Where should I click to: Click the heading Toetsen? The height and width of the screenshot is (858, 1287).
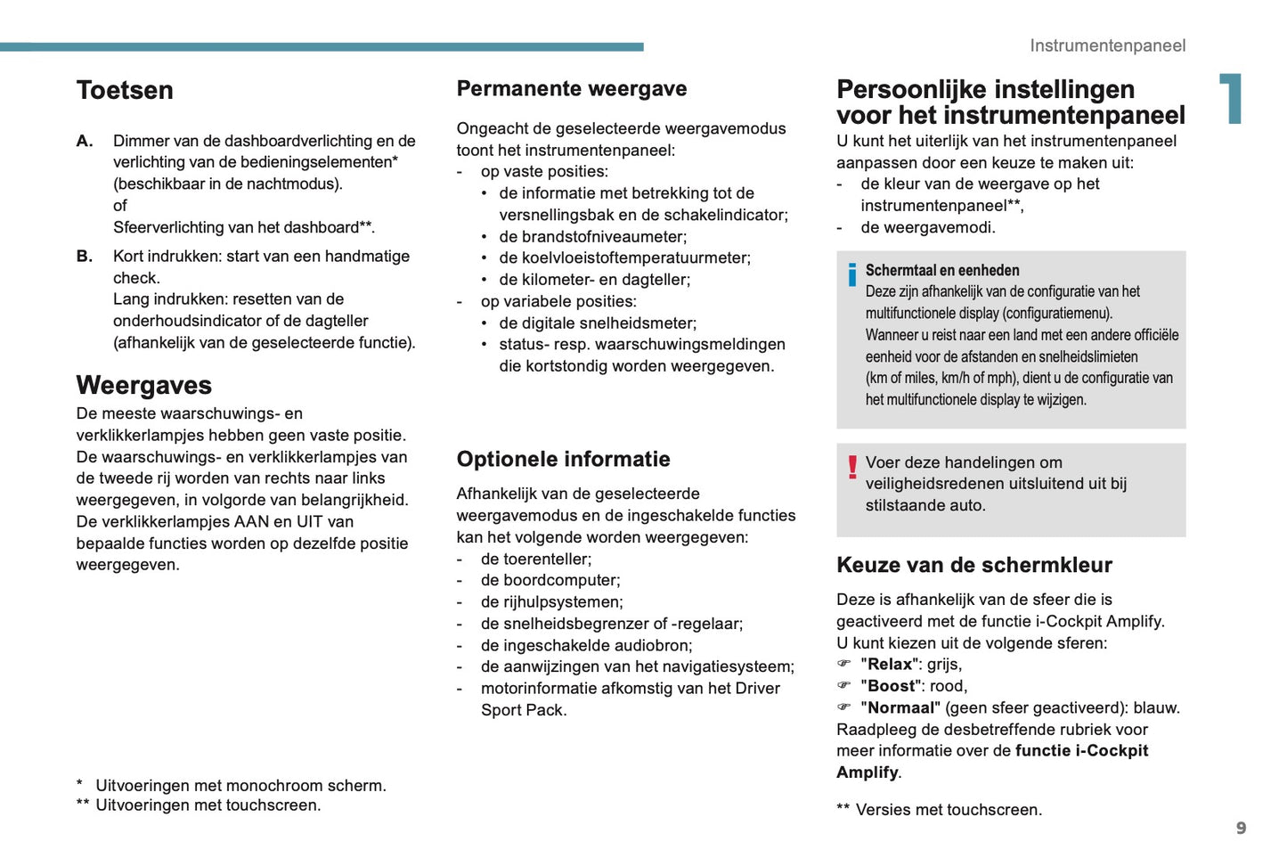click(x=125, y=90)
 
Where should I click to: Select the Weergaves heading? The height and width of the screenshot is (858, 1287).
click(x=144, y=385)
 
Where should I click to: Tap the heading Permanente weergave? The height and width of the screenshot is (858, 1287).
click(x=572, y=88)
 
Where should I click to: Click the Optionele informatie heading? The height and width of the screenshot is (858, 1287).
click(x=563, y=459)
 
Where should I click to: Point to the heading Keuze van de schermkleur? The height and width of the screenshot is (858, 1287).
click(x=974, y=565)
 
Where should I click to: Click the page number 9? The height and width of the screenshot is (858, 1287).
click(x=1241, y=829)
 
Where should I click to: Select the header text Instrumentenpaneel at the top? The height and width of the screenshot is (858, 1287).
click(x=1107, y=45)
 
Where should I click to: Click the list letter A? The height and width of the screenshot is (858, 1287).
click(x=85, y=141)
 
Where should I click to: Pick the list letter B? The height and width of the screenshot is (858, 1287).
click(x=85, y=257)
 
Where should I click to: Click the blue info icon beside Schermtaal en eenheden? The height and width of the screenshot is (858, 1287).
click(x=851, y=274)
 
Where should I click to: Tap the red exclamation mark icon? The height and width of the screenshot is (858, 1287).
click(x=852, y=466)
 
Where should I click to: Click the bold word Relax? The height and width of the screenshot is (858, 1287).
click(x=890, y=665)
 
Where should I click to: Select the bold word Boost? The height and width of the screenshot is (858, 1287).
click(x=892, y=686)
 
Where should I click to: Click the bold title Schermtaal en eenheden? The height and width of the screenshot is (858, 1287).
click(x=942, y=270)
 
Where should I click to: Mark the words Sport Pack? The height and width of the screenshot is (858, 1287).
click(x=523, y=710)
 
